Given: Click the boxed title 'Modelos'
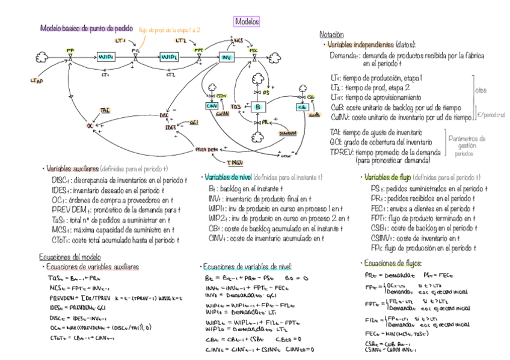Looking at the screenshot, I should (247, 22).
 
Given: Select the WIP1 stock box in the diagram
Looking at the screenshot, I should (106, 56).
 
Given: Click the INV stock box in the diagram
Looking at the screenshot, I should (226, 57).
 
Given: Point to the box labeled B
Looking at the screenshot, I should (257, 106).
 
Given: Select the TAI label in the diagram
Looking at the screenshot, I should (105, 111).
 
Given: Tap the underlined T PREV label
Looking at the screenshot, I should (233, 162).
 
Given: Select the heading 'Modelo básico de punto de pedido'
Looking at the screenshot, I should (82, 28).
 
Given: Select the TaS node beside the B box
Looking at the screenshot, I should (236, 106).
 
